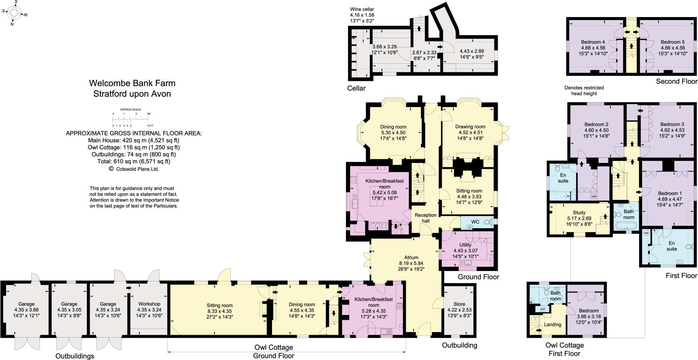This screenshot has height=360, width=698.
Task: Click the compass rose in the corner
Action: point(14,13)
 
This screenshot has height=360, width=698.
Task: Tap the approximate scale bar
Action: point(130,119)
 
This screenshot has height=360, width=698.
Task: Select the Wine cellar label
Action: point(362,9)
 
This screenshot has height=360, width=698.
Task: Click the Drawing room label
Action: point(470,126)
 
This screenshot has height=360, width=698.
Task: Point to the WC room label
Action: point(475,222)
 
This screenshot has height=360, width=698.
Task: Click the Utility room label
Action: point(465,245)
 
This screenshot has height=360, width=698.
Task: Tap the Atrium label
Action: point(411,257)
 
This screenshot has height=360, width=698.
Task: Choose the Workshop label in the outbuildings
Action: point(149,304)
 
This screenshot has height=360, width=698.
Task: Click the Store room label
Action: point(459,304)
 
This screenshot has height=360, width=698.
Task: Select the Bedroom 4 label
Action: point(593,42)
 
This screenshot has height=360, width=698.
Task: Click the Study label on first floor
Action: point(579,212)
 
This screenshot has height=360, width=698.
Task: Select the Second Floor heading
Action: point(676,81)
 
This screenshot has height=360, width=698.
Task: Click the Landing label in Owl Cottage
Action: point(552,324)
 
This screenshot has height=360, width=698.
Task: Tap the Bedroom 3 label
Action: point(672,124)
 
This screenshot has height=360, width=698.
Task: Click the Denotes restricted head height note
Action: point(584,90)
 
